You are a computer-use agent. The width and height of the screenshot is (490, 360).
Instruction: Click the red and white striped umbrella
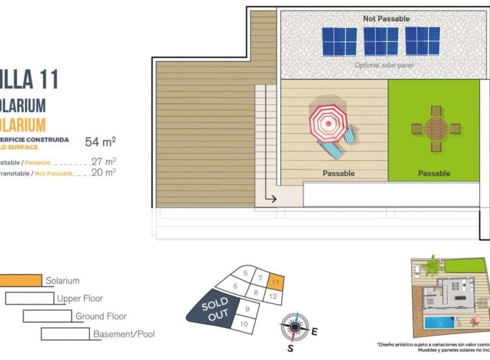click(328, 122)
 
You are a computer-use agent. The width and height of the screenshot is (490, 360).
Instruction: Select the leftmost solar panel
click(339, 41)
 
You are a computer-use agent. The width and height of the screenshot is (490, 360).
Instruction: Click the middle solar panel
click(381, 41)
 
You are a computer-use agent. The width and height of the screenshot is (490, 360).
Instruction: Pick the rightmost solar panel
click(423, 41)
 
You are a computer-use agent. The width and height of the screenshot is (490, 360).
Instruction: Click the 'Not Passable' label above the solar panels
click(386, 19)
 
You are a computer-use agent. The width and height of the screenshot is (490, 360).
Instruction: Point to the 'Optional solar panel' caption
click(384, 65)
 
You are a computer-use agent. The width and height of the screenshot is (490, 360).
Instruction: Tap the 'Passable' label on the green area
click(434, 173)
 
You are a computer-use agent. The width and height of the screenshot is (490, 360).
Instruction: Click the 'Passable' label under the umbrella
click(339, 173)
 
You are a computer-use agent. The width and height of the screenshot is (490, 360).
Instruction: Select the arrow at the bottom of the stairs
click(271, 199)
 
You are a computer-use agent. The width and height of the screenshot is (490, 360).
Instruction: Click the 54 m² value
click(101, 142)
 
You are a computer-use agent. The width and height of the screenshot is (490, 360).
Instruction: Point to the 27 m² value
click(104, 162)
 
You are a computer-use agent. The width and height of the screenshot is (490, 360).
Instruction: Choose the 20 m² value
click(104, 172)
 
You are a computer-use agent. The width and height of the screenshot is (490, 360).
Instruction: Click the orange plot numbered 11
click(276, 282)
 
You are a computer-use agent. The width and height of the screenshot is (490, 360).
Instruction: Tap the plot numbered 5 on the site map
click(246, 273)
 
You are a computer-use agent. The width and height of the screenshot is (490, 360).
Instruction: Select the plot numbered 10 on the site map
click(244, 324)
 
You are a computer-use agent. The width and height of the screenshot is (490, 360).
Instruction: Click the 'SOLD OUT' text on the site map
click(215, 309)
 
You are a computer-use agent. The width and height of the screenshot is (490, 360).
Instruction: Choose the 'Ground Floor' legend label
click(101, 316)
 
